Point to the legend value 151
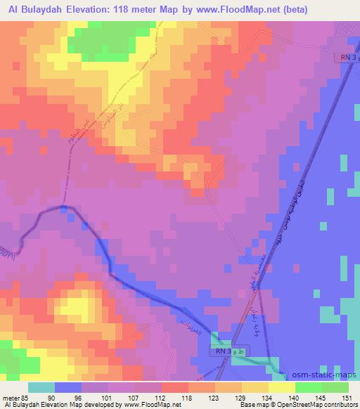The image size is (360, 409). point(344,397)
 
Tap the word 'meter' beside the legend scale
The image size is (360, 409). point(11,397)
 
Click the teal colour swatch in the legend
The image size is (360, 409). point(41,387)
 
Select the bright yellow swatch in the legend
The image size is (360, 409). point(281,387)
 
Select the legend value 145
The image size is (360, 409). point(318,397)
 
